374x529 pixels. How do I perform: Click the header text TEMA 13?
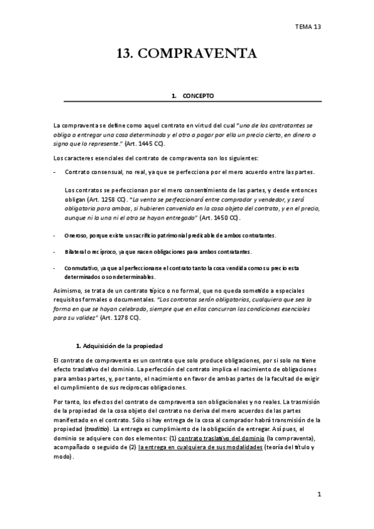point(308,27)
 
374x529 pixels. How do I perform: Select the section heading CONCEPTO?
point(198,96)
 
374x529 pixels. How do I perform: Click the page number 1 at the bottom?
point(318,495)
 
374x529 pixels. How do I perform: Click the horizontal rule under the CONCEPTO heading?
point(187,101)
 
